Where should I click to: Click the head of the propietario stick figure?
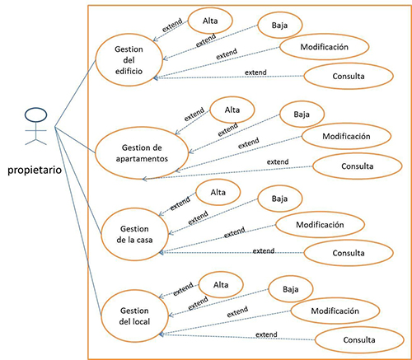35,115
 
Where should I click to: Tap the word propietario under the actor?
35,171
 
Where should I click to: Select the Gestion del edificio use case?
129,60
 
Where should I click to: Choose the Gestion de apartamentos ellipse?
142,153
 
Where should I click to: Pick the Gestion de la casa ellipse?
134,234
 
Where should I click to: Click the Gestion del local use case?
134,316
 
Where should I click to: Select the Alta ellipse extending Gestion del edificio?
210,21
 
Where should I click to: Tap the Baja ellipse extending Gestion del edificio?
279,26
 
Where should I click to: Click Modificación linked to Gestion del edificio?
324,47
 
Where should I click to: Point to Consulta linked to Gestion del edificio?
349,76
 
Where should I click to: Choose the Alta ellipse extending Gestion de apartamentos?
232,110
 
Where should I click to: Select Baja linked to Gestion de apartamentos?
302,115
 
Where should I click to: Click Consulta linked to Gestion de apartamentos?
358,166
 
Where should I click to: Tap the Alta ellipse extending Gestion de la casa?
218,192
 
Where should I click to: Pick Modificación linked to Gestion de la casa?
320,225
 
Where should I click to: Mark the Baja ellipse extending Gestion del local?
291,289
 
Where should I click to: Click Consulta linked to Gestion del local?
359,340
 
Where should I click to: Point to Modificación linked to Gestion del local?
335,311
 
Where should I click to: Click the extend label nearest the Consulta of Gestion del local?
266,334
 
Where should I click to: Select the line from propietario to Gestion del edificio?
75,93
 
